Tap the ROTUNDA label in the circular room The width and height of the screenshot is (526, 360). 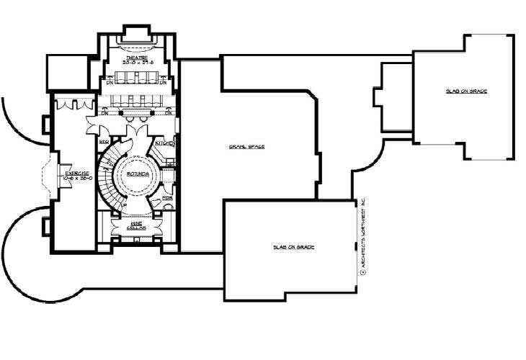[x=137, y=174]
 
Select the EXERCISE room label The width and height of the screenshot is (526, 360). [x=77, y=174]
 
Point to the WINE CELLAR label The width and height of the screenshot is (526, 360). [x=137, y=225]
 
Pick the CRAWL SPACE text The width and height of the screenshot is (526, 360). [x=248, y=146]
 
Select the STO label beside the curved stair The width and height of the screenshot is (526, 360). [x=103, y=142]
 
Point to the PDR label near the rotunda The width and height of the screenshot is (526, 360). [x=166, y=196]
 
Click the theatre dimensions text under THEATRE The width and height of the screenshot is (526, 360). [x=137, y=63]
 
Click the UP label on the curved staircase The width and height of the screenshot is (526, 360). [x=124, y=205]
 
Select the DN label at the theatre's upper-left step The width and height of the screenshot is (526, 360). [x=110, y=82]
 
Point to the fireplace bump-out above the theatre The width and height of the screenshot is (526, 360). [x=137, y=32]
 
